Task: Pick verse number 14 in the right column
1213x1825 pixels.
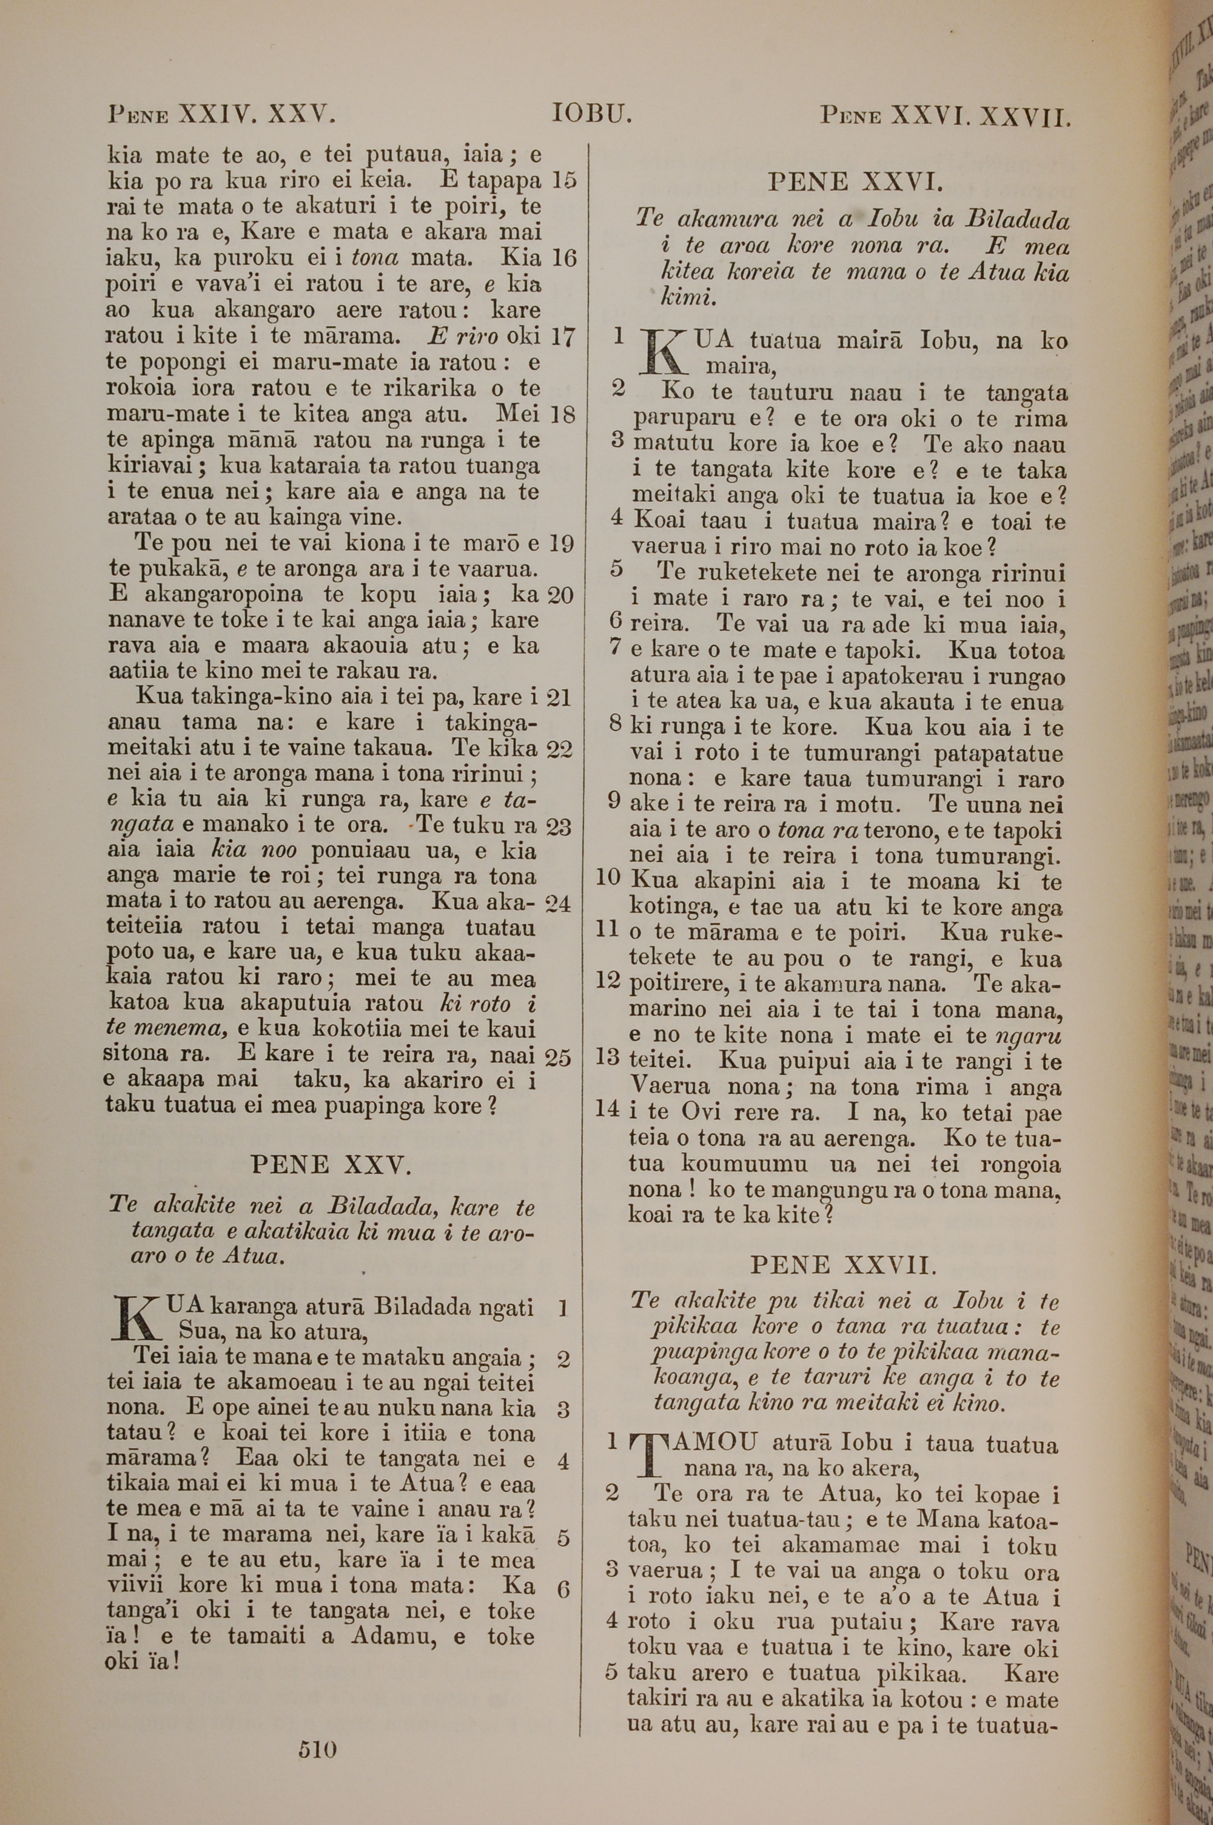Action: tap(609, 1108)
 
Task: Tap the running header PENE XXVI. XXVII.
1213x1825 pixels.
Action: tap(946, 115)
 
